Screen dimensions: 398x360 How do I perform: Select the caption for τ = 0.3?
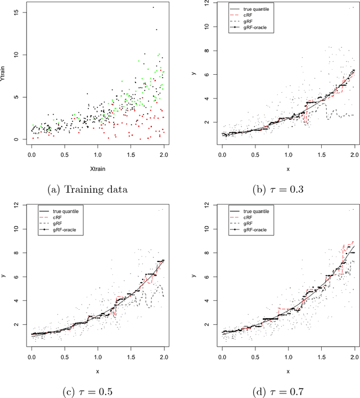tap(278, 189)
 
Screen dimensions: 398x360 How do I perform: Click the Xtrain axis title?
tap(98, 168)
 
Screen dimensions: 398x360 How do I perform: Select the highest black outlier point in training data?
tap(153, 7)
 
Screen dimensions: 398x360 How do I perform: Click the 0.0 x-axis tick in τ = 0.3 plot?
tap(223, 154)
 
